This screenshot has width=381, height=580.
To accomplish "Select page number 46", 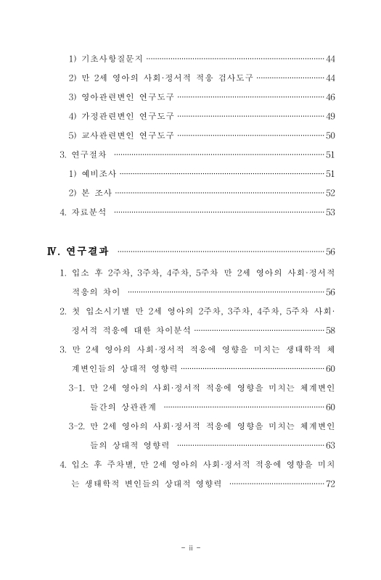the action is (330, 96).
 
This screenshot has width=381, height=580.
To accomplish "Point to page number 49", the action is (330, 116).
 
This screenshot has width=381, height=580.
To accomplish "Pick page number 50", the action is (330, 135).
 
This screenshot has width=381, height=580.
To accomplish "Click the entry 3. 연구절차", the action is (83, 154).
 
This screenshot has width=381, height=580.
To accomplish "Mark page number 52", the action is (330, 193).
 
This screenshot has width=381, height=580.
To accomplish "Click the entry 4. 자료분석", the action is (83, 212).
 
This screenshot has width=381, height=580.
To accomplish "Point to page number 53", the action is (330, 212).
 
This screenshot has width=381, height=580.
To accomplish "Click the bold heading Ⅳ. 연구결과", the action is (78, 252).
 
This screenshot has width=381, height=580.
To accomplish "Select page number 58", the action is (330, 331).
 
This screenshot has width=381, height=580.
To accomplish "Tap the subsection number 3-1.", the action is (78, 388).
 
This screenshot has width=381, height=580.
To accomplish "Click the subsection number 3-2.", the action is (78, 426).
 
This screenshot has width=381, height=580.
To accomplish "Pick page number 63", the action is (330, 445).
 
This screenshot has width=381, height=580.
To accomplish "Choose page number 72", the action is (330, 484).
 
